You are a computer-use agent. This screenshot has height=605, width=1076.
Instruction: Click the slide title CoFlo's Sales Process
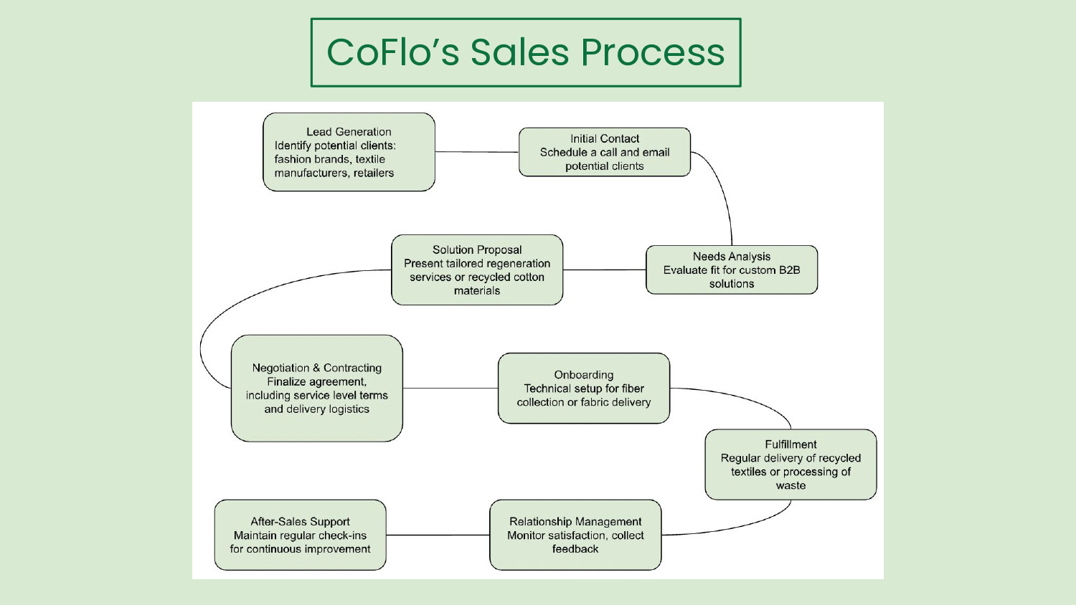point(525,52)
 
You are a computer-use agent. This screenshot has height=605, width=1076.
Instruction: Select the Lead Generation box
point(349,152)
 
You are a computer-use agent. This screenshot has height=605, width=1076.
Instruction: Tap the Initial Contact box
point(604,152)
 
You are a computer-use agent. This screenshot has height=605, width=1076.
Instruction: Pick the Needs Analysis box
point(731,270)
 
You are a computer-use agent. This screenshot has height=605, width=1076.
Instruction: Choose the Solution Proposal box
point(476,270)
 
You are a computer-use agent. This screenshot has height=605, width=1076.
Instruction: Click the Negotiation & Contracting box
point(316,388)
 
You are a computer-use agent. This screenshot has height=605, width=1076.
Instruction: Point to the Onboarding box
point(583,388)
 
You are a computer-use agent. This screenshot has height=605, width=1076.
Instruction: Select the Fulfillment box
point(790,465)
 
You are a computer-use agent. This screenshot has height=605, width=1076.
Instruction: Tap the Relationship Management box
point(575,535)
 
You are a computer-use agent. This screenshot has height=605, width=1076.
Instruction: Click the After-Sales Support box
point(300,535)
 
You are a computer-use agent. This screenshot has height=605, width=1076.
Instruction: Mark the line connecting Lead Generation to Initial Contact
point(476,152)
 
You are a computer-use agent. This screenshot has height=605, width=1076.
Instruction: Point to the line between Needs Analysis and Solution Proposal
point(604,270)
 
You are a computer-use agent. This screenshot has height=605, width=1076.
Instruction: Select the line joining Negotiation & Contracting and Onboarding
point(450,388)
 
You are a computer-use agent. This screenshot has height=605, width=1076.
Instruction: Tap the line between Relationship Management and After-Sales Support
point(438,535)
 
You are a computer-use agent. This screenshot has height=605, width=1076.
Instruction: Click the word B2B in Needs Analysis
point(789,270)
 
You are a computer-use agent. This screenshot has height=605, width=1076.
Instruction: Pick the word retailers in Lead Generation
point(374,173)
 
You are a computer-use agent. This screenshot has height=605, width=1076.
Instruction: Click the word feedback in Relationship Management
point(575,549)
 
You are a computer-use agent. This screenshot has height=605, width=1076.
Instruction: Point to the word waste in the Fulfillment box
point(791,485)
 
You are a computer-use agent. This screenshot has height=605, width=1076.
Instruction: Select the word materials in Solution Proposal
point(476,290)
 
